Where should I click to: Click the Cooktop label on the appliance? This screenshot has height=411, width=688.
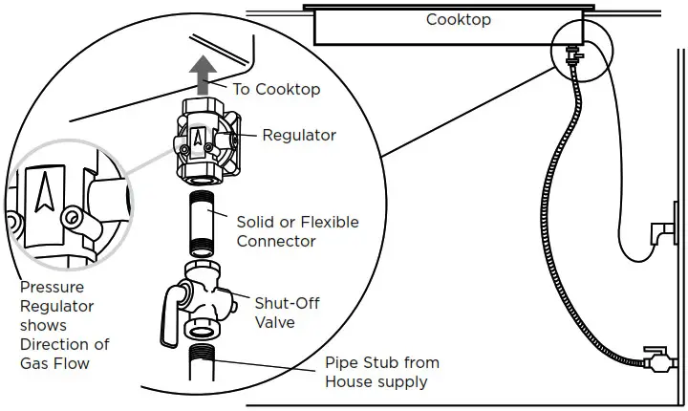pyautogui.click(x=458, y=19)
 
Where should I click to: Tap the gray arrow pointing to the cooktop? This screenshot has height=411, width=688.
pyautogui.click(x=203, y=76)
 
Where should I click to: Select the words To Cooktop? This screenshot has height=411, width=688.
pyautogui.click(x=276, y=89)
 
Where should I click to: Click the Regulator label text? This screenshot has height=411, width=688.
pyautogui.click(x=299, y=135)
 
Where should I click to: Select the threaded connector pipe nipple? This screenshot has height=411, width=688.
pyautogui.click(x=203, y=224)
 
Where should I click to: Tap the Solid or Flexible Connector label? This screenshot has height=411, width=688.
pyautogui.click(x=297, y=231)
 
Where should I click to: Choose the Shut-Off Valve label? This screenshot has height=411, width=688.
pyautogui.click(x=288, y=313)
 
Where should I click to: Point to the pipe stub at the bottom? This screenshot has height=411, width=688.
pyautogui.click(x=203, y=362)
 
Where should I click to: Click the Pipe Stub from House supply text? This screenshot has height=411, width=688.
pyautogui.click(x=382, y=372)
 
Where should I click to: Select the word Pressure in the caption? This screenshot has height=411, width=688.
pyautogui.click(x=53, y=287)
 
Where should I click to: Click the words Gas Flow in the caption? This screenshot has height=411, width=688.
pyautogui.click(x=54, y=363)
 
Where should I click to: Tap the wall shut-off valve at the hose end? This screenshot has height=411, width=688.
pyautogui.click(x=656, y=360)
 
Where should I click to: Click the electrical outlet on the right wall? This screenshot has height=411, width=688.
pyautogui.click(x=664, y=232)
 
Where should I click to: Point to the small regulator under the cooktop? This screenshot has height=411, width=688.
pyautogui.click(x=572, y=54)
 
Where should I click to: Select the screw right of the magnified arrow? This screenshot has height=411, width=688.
pyautogui.click(x=72, y=217)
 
